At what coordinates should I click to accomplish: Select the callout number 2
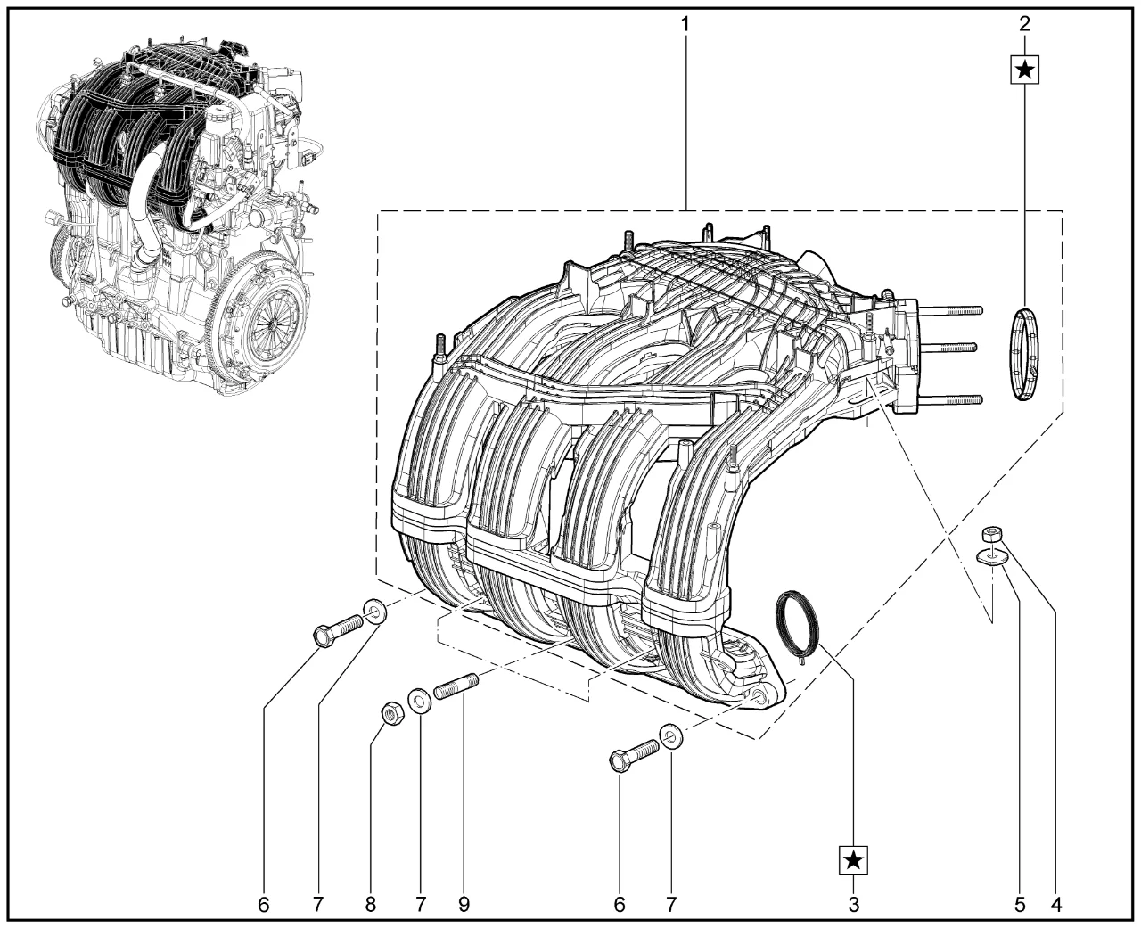1024,22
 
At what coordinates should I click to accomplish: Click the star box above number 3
854,859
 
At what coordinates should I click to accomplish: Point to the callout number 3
854,905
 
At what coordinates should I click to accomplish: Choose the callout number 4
1056,905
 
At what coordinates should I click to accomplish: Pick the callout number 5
1020,905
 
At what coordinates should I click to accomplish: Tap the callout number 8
370,905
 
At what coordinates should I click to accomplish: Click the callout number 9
464,905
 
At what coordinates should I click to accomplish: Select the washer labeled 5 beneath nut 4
991,557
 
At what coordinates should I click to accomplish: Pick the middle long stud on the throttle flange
954,347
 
